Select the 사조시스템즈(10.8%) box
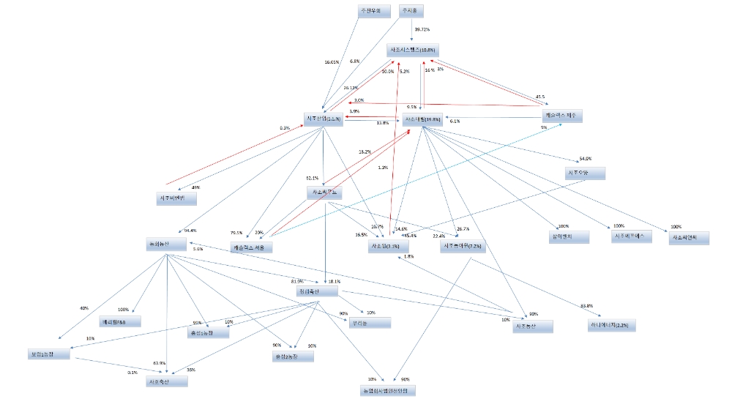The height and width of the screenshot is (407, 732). coord(413,50)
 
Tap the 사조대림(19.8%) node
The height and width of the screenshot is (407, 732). coord(422,119)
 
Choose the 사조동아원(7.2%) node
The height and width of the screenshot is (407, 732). coord(463,247)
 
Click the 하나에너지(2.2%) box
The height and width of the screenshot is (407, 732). coord(608,324)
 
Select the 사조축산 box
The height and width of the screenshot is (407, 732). coord(167,381)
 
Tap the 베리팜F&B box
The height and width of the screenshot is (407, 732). coord(120,321)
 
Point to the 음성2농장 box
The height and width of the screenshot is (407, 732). coord(292,356)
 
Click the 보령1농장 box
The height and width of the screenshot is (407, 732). coord(47,354)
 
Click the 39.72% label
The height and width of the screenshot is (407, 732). coord(422,29)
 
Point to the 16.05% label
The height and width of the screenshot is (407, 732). coord(332,62)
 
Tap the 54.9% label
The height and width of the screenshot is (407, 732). coord(585,159)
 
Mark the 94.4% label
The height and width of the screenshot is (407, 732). coord(191,231)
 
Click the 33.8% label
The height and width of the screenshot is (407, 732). coord(586,305)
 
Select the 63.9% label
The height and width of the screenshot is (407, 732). coord(159,363)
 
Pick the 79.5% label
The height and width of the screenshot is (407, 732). coord(236,233)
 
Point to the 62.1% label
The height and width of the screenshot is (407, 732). coord(312,178)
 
